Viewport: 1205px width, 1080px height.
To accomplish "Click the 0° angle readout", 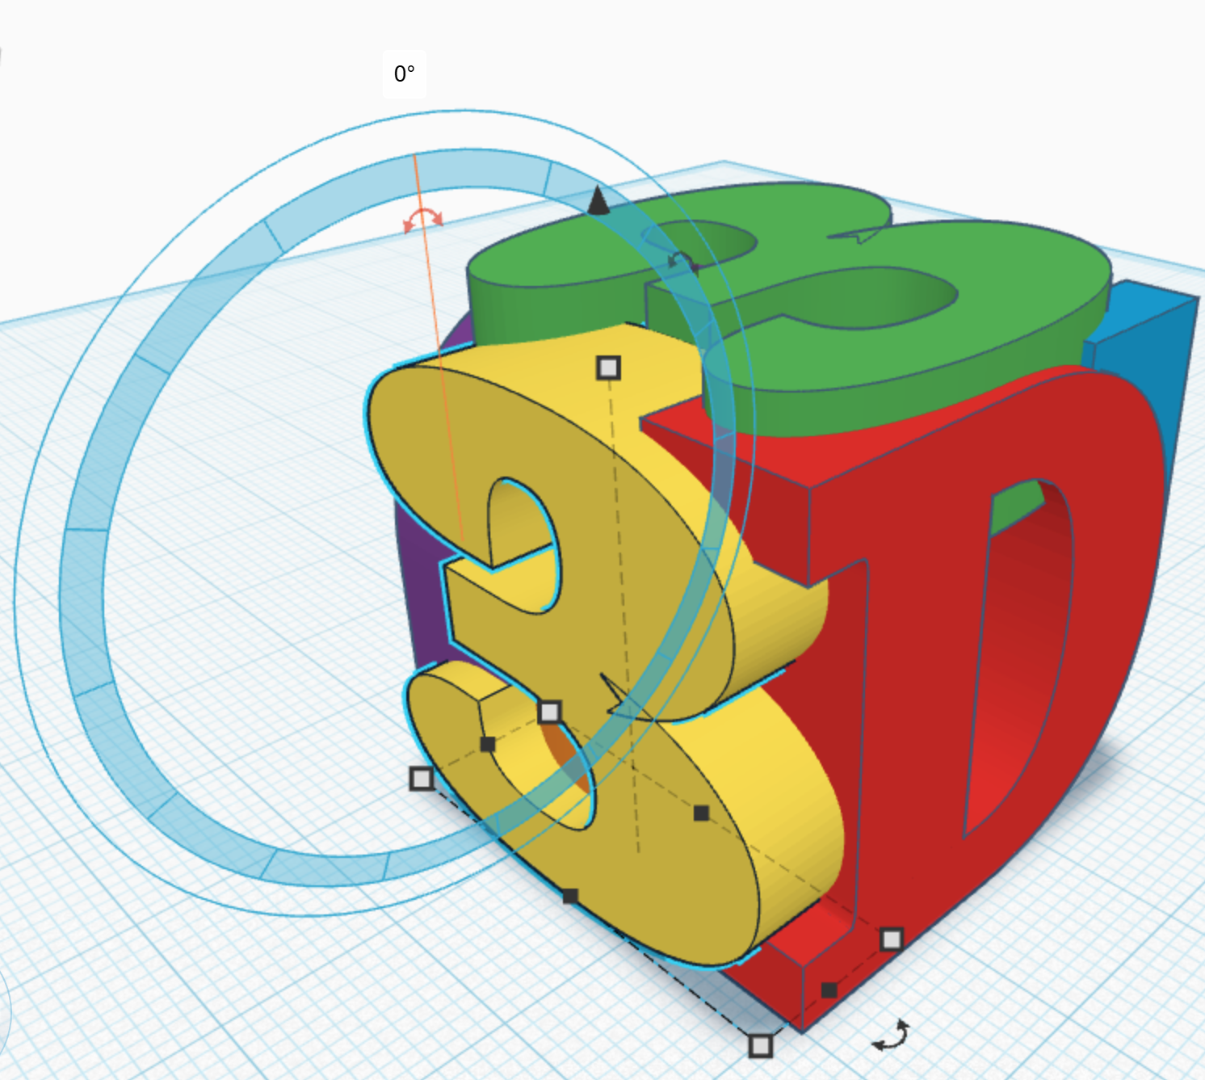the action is (405, 74).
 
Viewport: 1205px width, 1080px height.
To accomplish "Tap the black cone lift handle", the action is (598, 200).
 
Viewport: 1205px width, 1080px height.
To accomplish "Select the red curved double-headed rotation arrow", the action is (423, 220).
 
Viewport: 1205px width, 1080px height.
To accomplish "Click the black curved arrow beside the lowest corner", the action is (890, 1036).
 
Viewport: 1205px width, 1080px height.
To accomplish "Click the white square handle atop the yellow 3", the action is (608, 368).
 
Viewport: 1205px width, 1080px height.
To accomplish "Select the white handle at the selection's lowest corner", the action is (761, 1046).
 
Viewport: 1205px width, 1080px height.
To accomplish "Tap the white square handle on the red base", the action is (892, 939).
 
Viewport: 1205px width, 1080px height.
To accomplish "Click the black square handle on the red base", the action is (829, 990).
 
